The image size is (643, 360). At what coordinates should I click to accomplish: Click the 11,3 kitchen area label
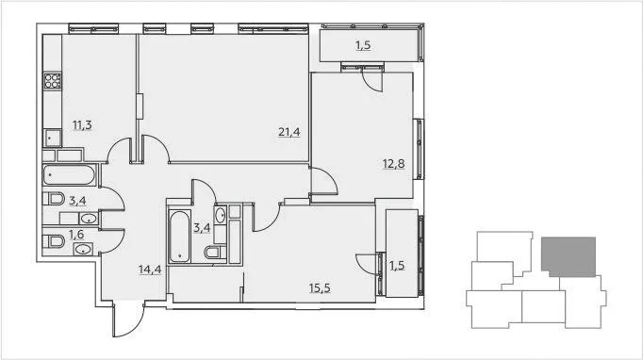click(82, 125)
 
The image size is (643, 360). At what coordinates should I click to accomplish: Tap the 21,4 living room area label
click(289, 132)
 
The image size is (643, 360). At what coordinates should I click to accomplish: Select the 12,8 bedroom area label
click(394, 164)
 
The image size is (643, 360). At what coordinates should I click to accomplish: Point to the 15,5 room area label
click(320, 288)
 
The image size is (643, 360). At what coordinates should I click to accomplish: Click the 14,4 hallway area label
click(150, 270)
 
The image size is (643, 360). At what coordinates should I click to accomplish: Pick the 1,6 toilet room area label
click(76, 235)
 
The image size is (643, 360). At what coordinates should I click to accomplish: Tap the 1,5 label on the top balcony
click(363, 45)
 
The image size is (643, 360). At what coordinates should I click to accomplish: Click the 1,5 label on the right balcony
click(397, 265)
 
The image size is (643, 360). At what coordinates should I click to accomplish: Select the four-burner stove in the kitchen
click(53, 81)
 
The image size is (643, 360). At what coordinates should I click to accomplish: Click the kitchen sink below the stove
click(52, 139)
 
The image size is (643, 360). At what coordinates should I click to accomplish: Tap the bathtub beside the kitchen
click(70, 175)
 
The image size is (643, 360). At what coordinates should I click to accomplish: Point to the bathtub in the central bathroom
click(180, 237)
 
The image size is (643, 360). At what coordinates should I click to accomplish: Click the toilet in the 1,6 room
click(54, 241)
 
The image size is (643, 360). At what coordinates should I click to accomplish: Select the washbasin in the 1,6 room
click(83, 249)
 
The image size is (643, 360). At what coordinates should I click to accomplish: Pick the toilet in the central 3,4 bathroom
click(215, 253)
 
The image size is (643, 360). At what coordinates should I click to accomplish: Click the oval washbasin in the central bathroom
click(221, 215)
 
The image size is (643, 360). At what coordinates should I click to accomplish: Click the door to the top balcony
click(371, 79)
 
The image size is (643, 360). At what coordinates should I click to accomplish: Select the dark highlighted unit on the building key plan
click(569, 255)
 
